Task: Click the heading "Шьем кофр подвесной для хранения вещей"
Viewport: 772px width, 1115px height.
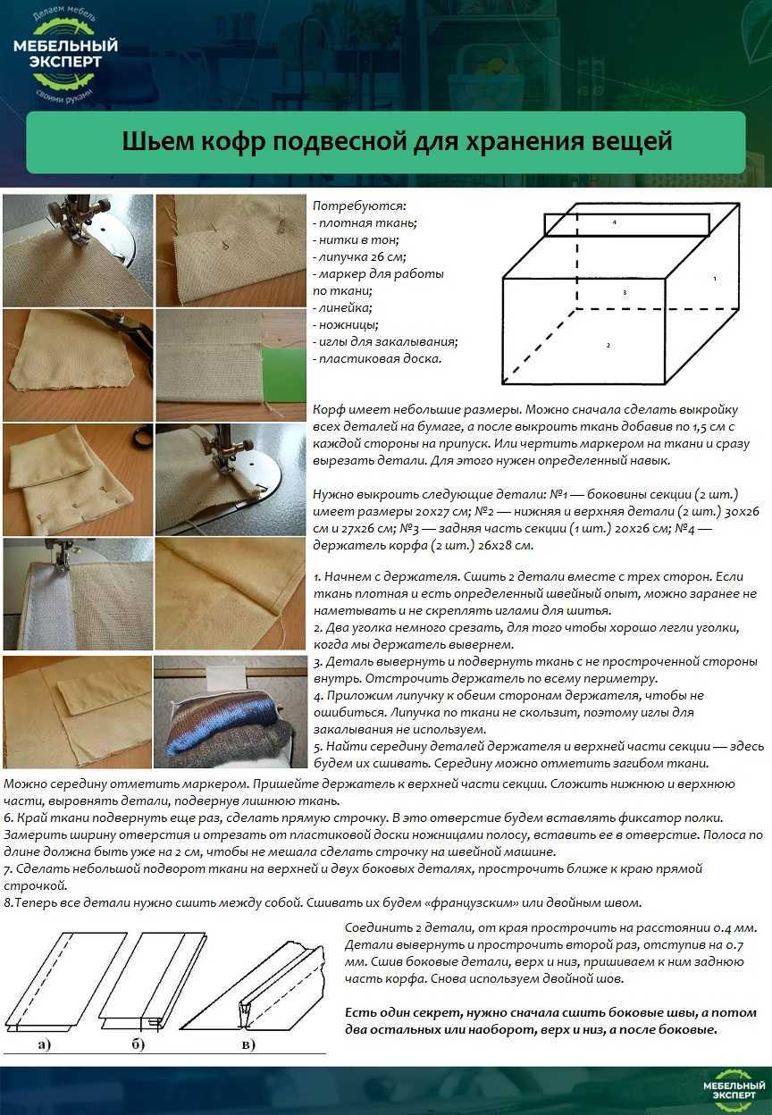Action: pyautogui.click(x=385, y=143)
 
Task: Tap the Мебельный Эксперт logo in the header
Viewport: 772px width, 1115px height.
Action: pyautogui.click(x=65, y=55)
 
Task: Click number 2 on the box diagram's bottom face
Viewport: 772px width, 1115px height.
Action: pyautogui.click(x=608, y=345)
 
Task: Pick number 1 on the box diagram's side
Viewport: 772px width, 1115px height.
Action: pyautogui.click(x=715, y=279)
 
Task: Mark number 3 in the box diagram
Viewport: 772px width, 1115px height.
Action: pyautogui.click(x=624, y=292)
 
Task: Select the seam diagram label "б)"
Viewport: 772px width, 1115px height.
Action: pyautogui.click(x=138, y=1044)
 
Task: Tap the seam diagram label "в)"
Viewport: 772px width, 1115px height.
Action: pyautogui.click(x=247, y=1044)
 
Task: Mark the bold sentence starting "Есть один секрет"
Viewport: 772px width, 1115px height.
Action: pyautogui.click(x=550, y=1021)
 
